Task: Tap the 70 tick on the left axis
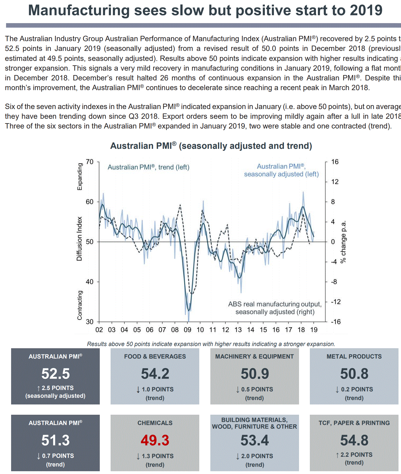90,162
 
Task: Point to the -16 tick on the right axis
336,322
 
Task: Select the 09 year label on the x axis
188,330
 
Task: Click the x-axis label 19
314,330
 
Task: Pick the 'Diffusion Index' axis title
79,239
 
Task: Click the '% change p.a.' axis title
343,242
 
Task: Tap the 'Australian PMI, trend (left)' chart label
148,167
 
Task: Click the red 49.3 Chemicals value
155,440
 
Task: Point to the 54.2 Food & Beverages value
155,374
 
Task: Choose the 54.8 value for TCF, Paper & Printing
354,440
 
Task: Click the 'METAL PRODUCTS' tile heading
354,356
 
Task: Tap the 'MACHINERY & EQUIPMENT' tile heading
254,356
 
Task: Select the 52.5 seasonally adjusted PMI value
56,374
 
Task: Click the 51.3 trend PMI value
56,440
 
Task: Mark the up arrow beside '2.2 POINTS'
337,455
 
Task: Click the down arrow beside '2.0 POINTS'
238,456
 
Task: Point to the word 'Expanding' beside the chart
80,177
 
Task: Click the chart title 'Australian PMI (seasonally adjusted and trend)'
211,146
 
